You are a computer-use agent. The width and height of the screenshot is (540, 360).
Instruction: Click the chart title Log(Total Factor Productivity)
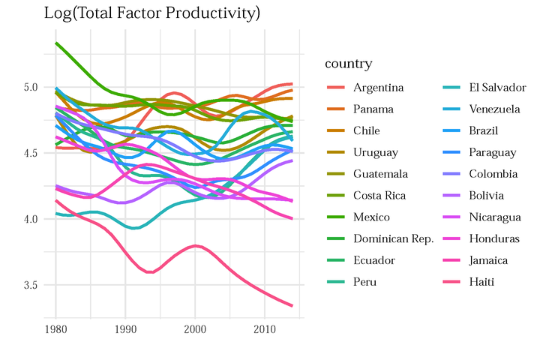tap(152, 13)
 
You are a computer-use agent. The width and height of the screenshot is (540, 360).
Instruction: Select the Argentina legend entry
tap(379, 88)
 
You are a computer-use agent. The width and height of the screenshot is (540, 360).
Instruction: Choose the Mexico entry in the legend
tap(372, 217)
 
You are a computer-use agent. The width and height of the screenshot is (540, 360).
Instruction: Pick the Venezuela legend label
tap(494, 109)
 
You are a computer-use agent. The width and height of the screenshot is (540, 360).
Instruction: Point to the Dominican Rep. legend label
tap(394, 239)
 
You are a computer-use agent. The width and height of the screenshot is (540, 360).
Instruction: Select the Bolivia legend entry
tap(487, 196)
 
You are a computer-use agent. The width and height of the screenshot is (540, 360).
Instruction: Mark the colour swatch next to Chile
tap(336, 131)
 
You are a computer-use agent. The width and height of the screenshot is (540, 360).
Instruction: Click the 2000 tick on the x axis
tap(195, 330)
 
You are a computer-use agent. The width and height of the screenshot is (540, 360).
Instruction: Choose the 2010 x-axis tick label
tap(264, 330)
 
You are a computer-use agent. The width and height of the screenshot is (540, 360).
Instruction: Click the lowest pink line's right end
tap(292, 305)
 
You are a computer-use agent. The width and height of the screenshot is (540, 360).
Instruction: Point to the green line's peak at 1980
tap(56, 43)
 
